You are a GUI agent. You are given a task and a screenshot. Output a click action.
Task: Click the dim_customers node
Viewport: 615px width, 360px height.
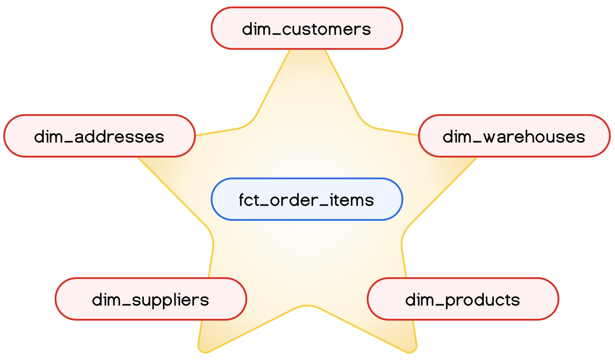click(x=307, y=28)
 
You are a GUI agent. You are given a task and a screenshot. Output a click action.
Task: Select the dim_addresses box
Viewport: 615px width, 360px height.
click(x=99, y=136)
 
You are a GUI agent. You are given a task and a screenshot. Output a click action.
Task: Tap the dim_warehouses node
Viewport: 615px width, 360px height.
click(x=514, y=136)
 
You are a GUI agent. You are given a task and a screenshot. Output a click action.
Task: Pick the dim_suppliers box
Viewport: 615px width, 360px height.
click(x=151, y=299)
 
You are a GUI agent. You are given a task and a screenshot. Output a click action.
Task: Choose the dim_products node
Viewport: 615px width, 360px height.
click(x=463, y=299)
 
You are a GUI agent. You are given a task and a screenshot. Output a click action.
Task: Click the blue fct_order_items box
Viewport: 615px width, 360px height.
click(x=307, y=199)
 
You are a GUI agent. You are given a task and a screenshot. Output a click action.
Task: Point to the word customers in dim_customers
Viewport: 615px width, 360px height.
click(x=326, y=29)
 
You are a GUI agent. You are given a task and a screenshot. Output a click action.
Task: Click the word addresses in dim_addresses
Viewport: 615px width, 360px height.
click(x=119, y=137)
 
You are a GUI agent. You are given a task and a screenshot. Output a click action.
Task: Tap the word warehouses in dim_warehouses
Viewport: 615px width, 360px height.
click(x=534, y=137)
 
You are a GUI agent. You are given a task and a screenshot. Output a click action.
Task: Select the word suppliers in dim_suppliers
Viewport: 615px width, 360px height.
click(x=170, y=300)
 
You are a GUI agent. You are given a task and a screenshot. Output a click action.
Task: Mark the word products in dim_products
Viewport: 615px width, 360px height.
click(x=482, y=300)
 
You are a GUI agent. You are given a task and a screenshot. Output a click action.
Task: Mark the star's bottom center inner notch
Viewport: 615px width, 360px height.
click(x=307, y=306)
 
